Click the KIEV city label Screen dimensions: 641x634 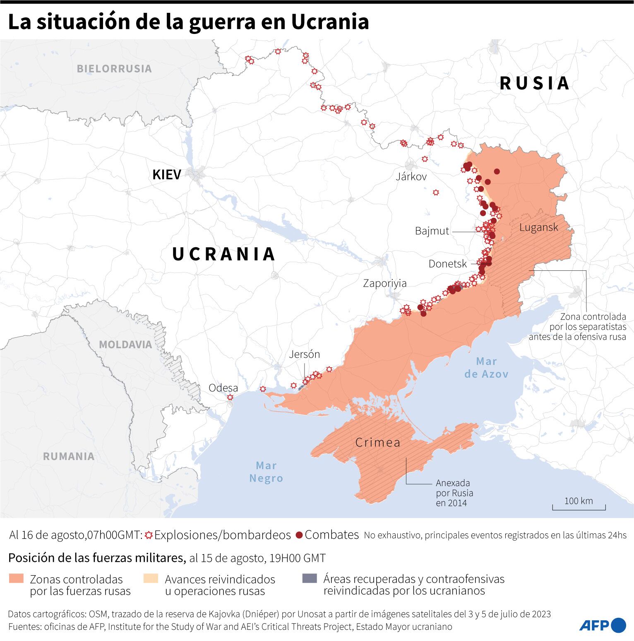(x=167, y=175)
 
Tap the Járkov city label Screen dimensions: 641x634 (x=411, y=177)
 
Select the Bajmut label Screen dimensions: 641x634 (x=432, y=231)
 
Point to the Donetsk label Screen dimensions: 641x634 (x=447, y=264)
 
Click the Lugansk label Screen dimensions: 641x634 (x=538, y=227)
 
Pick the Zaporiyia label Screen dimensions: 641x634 (x=384, y=283)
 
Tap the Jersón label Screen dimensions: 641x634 (x=304, y=354)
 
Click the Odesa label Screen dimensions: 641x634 (x=223, y=388)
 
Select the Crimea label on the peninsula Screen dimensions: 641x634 (x=378, y=443)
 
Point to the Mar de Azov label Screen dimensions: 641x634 (x=486, y=368)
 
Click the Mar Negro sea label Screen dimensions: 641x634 (x=266, y=472)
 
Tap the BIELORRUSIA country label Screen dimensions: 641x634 (x=114, y=69)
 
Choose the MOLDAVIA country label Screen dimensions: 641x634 (x=125, y=345)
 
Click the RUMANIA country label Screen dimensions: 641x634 (x=69, y=456)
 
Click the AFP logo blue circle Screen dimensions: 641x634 (x=618, y=625)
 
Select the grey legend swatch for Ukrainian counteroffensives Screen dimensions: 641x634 (x=310, y=578)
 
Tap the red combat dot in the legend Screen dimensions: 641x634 (x=299, y=535)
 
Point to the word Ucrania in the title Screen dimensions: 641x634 (x=329, y=22)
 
